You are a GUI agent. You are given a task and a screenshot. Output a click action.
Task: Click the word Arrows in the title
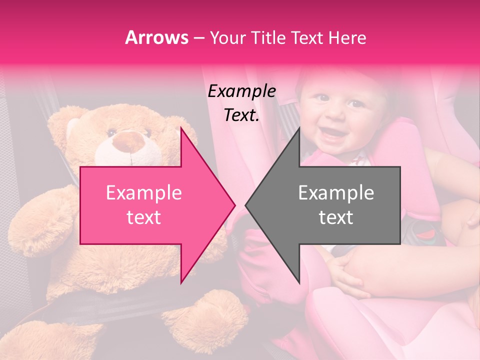[156, 37]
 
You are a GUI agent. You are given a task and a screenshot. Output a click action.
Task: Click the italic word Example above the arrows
[241, 92]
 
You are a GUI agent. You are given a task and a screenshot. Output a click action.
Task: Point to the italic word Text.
[241, 115]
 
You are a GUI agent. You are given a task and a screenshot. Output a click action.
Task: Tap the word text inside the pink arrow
[143, 217]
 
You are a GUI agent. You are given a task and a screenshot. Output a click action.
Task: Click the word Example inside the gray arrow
[336, 192]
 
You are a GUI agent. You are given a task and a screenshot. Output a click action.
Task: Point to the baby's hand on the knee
[345, 270]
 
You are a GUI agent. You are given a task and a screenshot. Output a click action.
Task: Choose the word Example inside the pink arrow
[143, 192]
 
